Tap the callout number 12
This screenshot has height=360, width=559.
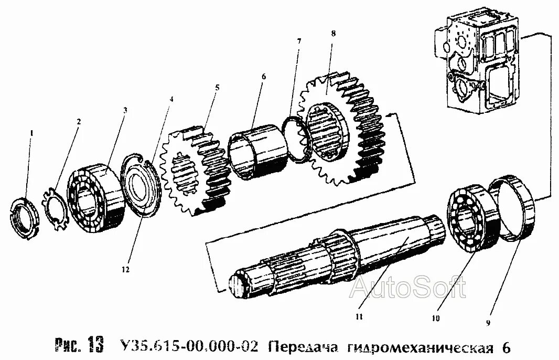tap(125, 270)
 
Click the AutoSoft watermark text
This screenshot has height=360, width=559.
tap(410, 288)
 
